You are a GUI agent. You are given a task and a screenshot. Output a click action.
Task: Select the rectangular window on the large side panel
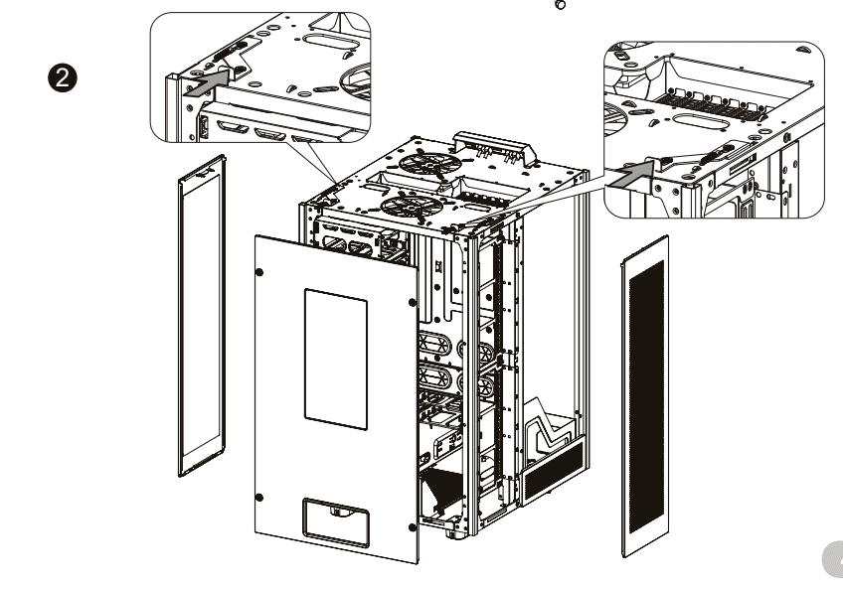pyautogui.click(x=335, y=352)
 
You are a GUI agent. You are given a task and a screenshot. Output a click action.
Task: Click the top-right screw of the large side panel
pyautogui.click(x=411, y=303)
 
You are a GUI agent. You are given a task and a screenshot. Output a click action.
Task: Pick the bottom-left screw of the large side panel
pyautogui.click(x=259, y=496)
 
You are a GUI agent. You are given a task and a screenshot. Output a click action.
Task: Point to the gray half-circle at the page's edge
pyautogui.click(x=833, y=562)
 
